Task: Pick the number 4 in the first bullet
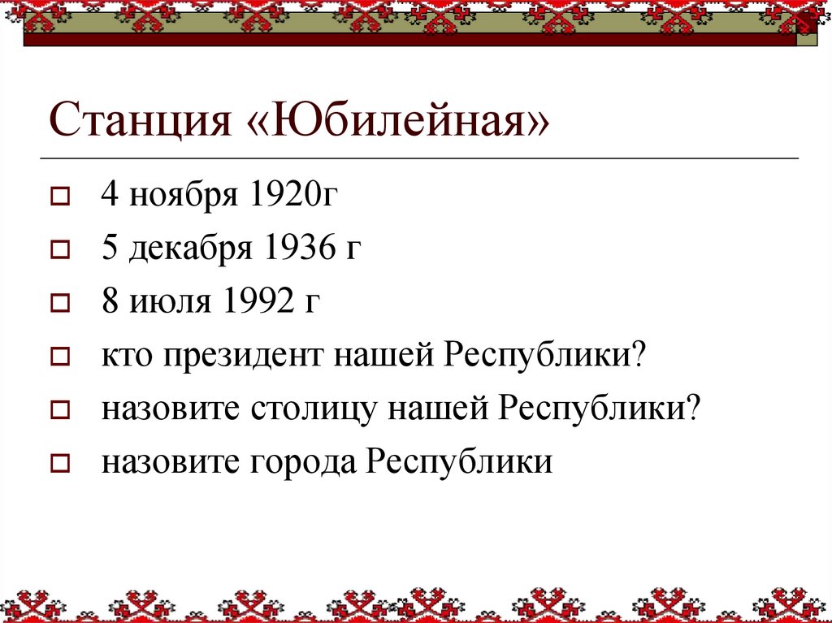[110, 197]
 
